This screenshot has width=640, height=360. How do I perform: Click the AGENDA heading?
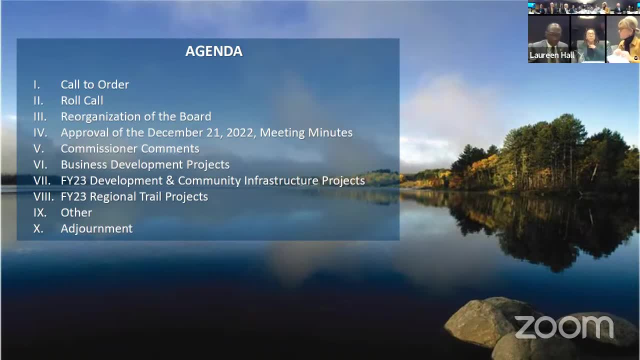(214, 51)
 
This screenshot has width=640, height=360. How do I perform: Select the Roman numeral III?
(40, 117)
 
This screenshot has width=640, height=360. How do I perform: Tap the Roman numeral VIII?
(43, 197)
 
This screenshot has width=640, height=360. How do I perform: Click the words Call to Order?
(95, 84)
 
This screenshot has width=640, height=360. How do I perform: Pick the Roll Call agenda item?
(82, 100)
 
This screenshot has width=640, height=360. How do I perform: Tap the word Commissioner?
(99, 149)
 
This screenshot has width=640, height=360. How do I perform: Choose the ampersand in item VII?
(170, 181)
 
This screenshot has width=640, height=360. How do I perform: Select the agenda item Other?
(76, 213)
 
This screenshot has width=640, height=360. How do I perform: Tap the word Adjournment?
(97, 229)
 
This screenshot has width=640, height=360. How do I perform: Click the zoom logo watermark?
(564, 327)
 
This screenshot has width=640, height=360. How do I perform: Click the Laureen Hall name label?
(551, 55)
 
